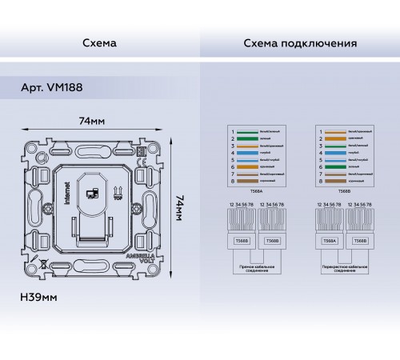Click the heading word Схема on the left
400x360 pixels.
point(99,42)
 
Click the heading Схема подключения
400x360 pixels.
point(299,42)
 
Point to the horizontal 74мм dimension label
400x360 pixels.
point(94,121)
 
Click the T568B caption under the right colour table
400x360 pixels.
point(344,192)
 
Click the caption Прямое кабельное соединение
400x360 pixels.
point(254,270)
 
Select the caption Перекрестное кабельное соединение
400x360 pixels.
point(344,270)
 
